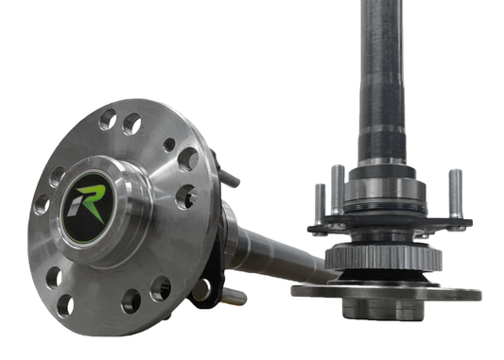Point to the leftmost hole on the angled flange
click(42, 204)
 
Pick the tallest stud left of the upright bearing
click(338, 190)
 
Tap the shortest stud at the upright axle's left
click(320, 203)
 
